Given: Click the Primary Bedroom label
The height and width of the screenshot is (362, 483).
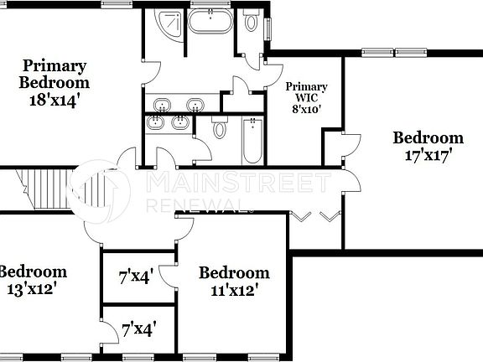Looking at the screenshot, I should tap(55, 74).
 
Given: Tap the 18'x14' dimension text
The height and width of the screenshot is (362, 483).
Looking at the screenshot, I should tap(55, 99).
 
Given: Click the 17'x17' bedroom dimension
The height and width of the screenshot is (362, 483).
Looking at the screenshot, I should tap(428, 156).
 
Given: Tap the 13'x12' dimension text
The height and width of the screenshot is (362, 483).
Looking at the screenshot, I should tap(30, 289).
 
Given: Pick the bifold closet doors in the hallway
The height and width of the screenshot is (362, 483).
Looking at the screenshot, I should tap(314, 216).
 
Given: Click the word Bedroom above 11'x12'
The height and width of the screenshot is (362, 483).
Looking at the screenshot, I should tap(234, 272).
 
